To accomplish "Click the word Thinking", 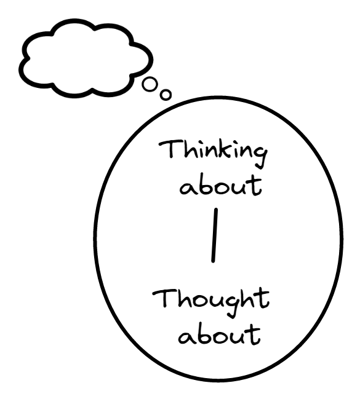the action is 213,153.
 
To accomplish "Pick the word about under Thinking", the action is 221,185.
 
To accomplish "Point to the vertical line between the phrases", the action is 215,235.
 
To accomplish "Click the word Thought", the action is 211,302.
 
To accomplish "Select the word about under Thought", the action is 219,334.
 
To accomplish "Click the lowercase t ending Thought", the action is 262,298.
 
